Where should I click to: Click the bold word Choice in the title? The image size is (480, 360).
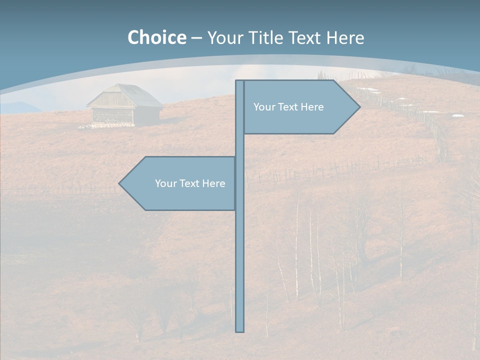(156, 37)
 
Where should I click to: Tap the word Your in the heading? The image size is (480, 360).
(224, 37)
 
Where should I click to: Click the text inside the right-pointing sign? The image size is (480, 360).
(288, 107)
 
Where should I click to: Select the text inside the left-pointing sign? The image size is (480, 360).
(190, 183)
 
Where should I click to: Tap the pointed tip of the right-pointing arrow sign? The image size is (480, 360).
(359, 106)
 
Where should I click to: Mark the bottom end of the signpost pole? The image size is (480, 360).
(240, 330)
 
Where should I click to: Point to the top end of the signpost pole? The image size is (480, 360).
(240, 81)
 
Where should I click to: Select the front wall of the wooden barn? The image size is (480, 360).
(113, 115)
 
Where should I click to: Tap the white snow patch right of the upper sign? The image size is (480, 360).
(457, 115)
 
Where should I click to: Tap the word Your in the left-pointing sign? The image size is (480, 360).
(165, 183)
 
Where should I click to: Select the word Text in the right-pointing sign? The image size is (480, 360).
(287, 107)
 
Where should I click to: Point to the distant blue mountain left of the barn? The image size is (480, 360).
(20, 107)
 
